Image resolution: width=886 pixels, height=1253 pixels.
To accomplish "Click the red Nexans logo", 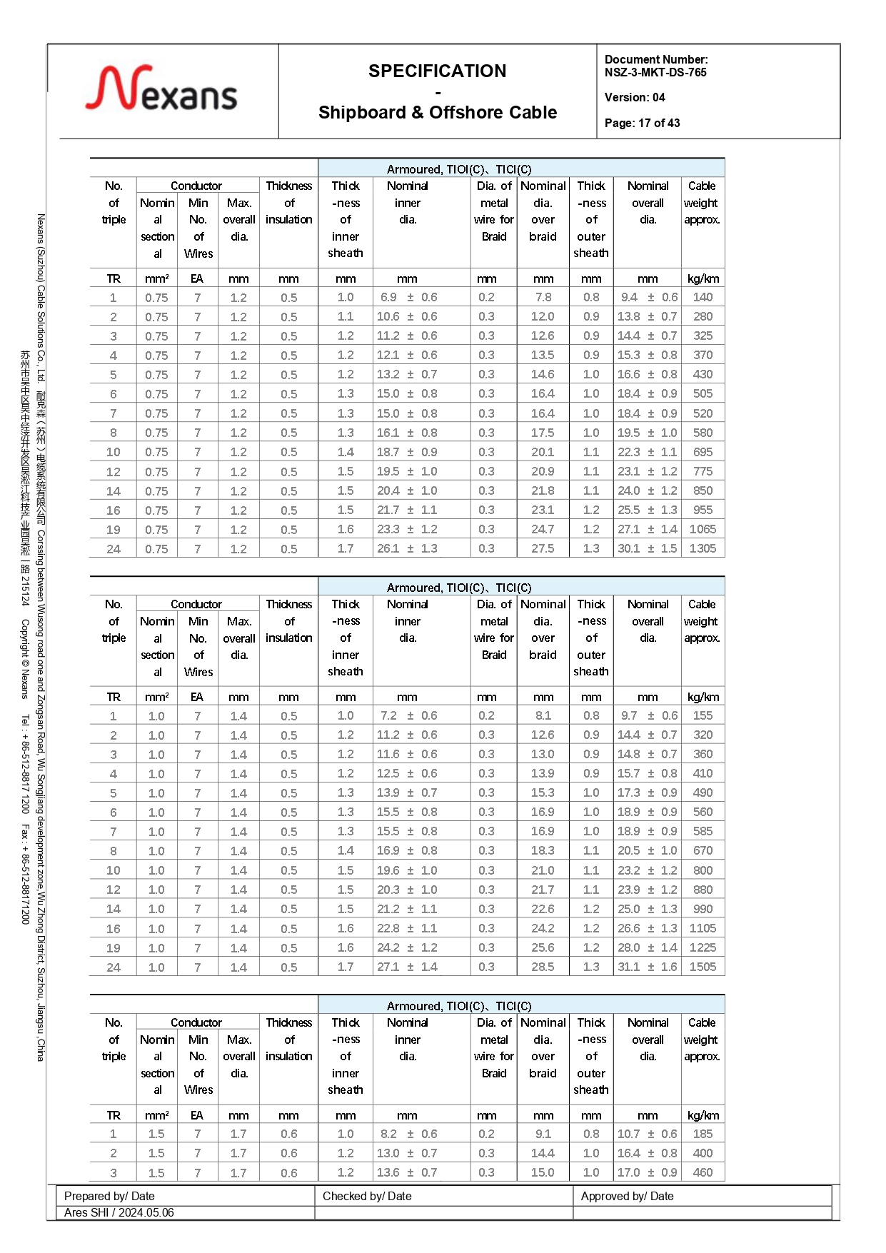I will [161, 89].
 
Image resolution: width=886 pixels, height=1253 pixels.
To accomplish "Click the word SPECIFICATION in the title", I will [437, 71].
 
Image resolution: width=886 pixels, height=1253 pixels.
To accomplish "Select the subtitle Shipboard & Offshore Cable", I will [437, 113].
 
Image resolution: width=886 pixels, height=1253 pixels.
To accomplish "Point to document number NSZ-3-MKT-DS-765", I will [655, 72].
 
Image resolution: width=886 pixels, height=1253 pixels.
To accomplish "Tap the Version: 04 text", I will [635, 97].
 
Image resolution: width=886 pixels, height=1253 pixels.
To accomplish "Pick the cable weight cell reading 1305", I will [703, 548].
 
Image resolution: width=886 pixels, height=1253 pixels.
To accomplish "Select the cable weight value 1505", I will [703, 967].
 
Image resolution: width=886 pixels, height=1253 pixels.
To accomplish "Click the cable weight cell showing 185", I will [703, 1134].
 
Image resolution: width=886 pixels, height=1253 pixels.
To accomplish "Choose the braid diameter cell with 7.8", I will [543, 297].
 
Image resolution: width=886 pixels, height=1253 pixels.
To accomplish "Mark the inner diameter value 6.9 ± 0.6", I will [408, 297].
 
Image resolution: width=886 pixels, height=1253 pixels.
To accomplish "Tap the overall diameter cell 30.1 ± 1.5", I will [647, 548].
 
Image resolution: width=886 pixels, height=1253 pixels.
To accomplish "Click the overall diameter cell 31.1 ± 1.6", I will [647, 967].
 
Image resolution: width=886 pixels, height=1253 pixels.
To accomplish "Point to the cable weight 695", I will [703, 452].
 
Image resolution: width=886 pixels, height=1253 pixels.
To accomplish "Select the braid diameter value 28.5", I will [543, 967].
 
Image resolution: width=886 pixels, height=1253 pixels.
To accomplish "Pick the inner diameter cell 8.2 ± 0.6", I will [408, 1134].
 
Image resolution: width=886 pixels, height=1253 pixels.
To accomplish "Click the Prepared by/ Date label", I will [109, 1196].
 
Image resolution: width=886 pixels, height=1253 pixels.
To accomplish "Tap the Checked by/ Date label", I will [367, 1196].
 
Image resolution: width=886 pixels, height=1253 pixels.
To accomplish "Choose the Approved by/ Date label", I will [627, 1196].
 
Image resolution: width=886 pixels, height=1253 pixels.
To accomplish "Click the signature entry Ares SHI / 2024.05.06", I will [119, 1212].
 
